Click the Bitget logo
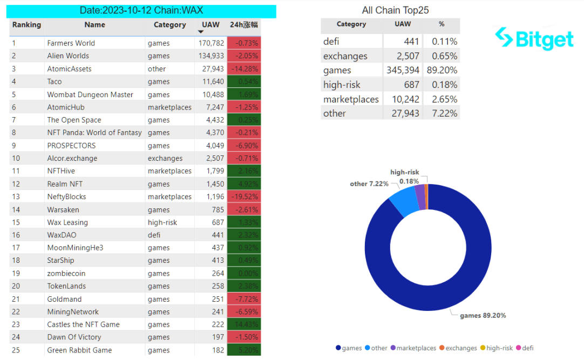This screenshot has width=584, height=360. [534, 38]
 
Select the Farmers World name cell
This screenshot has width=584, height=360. [71, 43]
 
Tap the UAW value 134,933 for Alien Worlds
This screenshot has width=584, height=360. [211, 56]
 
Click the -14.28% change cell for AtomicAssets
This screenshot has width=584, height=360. [244, 69]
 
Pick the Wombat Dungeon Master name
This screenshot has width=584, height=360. [90, 94]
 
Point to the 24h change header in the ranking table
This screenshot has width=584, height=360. [244, 25]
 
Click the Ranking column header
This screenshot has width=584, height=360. [26, 25]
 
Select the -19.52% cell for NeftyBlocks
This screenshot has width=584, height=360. [244, 196]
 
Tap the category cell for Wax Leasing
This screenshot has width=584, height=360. [162, 222]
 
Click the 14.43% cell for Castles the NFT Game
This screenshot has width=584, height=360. [244, 324]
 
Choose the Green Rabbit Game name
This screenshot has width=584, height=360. [79, 350]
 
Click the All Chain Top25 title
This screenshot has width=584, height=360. [395, 10]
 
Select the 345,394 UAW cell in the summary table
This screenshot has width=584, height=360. [403, 70]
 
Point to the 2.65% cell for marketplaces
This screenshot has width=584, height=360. [442, 99]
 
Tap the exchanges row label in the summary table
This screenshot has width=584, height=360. [345, 56]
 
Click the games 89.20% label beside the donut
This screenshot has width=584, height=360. [483, 315]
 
